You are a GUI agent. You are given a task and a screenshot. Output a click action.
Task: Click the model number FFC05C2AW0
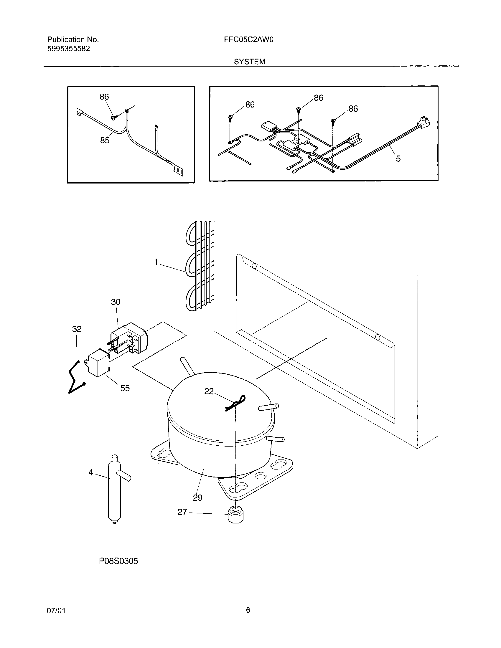point(249,40)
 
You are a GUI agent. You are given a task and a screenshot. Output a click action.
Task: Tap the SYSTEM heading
point(250,62)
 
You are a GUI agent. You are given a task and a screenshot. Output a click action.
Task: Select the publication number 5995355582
point(69,49)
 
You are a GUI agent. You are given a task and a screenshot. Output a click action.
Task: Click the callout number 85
point(105,140)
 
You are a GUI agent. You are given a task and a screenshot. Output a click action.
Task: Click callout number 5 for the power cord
point(398,159)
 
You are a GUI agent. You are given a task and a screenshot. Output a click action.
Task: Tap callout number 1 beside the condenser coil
point(156,262)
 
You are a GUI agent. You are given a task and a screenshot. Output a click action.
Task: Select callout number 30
point(116,302)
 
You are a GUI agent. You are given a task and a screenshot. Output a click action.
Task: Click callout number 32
point(77,329)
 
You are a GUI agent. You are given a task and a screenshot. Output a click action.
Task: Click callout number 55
point(125,388)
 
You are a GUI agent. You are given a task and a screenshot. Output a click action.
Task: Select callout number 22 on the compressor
point(209,391)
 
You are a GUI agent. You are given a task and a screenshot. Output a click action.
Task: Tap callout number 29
point(198,497)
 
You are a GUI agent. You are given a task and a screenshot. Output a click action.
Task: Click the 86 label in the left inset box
point(104,97)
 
